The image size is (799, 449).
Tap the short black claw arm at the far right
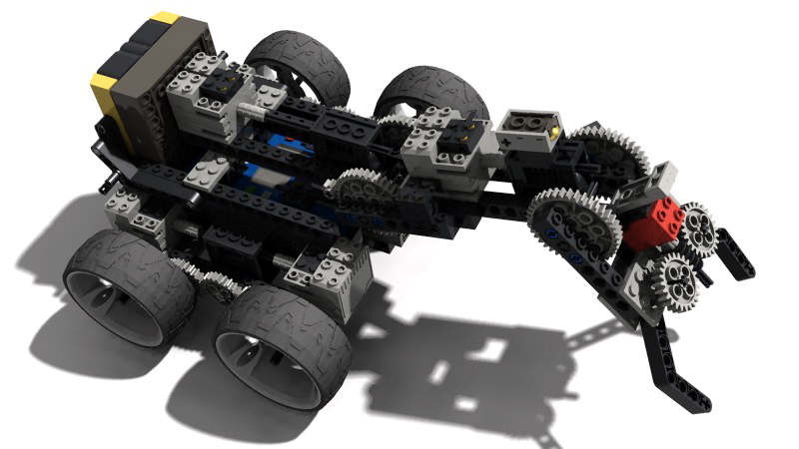click(x=724, y=255)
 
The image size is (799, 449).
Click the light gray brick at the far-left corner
click(x=124, y=206)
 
